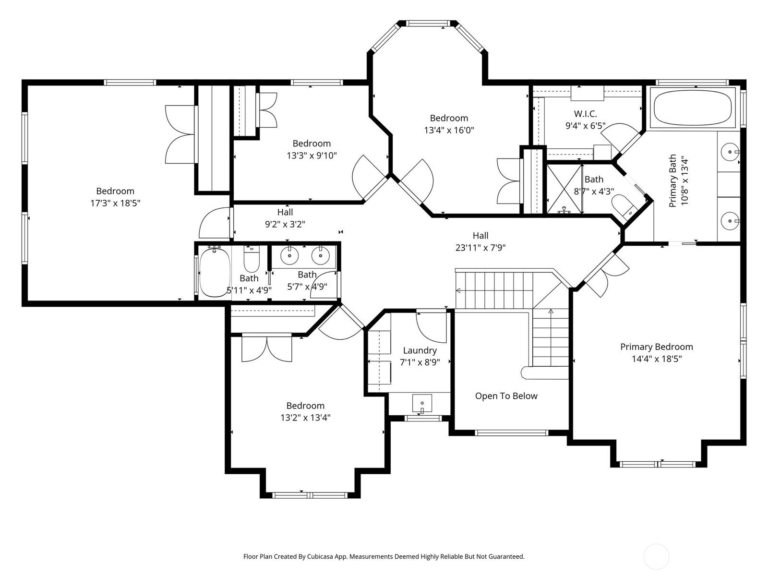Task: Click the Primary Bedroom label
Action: click(x=656, y=347)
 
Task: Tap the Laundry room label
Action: click(x=420, y=350)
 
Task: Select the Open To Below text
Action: click(x=506, y=396)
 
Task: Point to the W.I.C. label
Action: click(x=585, y=114)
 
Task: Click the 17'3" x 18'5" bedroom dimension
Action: click(x=115, y=203)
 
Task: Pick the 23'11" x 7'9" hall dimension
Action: click(x=480, y=248)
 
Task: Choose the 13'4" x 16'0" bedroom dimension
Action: click(x=449, y=130)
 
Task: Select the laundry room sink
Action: click(x=422, y=404)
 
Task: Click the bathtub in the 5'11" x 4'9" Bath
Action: click(x=214, y=271)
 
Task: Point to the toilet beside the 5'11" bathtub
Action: click(x=251, y=258)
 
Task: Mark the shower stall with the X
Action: click(x=564, y=189)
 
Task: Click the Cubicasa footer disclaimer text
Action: click(x=384, y=556)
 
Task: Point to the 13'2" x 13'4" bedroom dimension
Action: click(x=305, y=418)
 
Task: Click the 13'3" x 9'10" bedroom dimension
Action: click(x=312, y=155)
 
